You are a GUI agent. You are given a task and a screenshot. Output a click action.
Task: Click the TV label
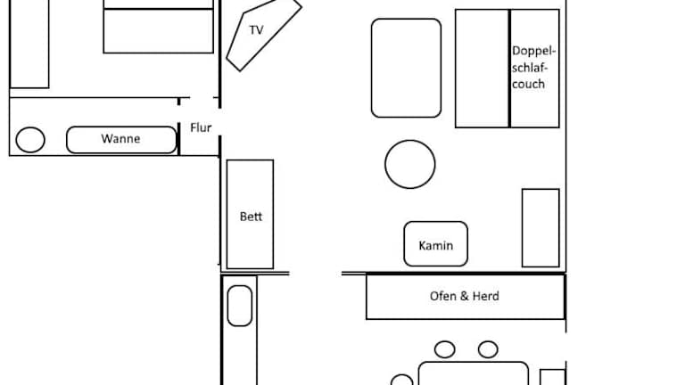pyautogui.click(x=257, y=30)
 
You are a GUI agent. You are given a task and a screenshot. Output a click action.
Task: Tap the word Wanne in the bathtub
pyautogui.click(x=120, y=139)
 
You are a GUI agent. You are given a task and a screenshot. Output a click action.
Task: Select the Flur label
pyautogui.click(x=201, y=127)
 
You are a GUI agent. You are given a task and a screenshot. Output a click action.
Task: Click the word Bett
pyautogui.click(x=251, y=217)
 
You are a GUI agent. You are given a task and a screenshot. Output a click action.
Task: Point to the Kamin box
pyautogui.click(x=435, y=244)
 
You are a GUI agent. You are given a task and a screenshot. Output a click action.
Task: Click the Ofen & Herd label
pyautogui.click(x=465, y=296)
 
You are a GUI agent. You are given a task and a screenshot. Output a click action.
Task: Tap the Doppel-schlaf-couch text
pyautogui.click(x=533, y=67)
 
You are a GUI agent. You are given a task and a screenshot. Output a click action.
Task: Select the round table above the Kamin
pyautogui.click(x=409, y=164)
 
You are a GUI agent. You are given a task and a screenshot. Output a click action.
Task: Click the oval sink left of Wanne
pyautogui.click(x=30, y=140)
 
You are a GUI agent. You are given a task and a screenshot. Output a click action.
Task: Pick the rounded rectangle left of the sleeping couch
pyautogui.click(x=407, y=68)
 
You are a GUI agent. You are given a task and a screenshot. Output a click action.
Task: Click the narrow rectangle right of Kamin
pyautogui.click(x=541, y=228)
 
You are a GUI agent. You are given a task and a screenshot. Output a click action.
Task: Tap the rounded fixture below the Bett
pyautogui.click(x=240, y=306)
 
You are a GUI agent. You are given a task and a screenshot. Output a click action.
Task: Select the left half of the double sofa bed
pyautogui.click(x=483, y=69)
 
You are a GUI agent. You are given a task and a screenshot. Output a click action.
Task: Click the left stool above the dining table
pyautogui.click(x=445, y=349)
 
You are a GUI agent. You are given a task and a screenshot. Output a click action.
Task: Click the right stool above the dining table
pyautogui.click(x=488, y=349)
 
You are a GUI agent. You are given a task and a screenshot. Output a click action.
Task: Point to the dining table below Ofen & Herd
pyautogui.click(x=474, y=373)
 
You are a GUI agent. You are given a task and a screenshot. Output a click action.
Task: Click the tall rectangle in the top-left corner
pyautogui.click(x=29, y=44)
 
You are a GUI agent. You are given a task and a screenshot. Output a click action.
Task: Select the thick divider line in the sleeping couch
pyautogui.click(x=510, y=69)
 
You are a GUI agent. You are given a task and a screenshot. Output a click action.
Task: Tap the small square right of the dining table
pyautogui.click(x=553, y=377)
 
